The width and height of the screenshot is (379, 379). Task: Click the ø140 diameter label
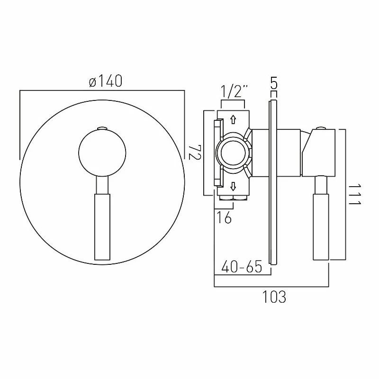(x=105, y=81)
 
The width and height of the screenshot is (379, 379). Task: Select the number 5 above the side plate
(x=273, y=84)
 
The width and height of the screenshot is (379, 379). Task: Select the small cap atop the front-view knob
(x=102, y=128)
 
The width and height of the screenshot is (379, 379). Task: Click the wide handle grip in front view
(x=102, y=226)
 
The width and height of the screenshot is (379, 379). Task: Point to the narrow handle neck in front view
(x=102, y=184)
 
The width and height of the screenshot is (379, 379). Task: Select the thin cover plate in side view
(x=272, y=180)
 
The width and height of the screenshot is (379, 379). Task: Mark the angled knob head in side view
(x=320, y=152)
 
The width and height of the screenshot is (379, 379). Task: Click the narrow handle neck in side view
(x=321, y=184)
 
